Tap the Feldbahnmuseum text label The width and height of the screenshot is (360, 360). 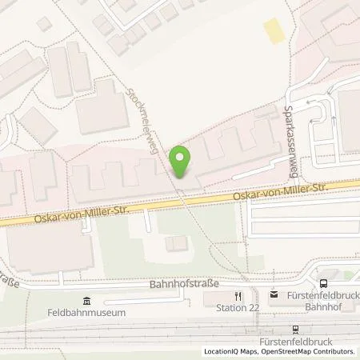87,313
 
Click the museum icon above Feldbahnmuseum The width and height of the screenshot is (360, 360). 87,301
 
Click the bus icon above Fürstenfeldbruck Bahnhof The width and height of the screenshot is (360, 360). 322,283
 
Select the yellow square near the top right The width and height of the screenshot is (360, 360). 274,33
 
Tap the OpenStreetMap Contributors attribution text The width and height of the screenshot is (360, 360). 308,352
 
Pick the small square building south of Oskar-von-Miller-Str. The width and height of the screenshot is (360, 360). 174,242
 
